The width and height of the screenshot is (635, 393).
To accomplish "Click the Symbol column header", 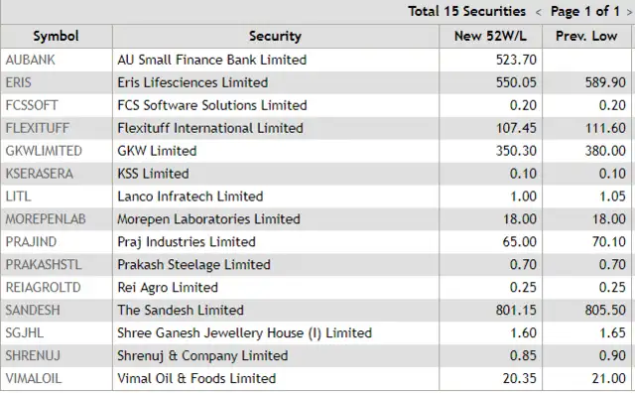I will click(x=56, y=36).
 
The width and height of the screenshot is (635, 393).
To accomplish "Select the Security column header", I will click(x=275, y=36).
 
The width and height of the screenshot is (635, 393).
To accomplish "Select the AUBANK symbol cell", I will click(x=29, y=60).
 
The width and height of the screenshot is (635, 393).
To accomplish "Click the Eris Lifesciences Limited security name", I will click(x=191, y=82).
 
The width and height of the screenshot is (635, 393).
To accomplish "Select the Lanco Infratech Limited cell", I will click(x=190, y=196).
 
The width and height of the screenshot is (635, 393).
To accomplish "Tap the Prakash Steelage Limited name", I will click(x=193, y=264).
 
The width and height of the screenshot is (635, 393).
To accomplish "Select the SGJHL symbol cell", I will click(x=24, y=332).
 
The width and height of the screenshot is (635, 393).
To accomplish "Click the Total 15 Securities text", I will click(x=466, y=11).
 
